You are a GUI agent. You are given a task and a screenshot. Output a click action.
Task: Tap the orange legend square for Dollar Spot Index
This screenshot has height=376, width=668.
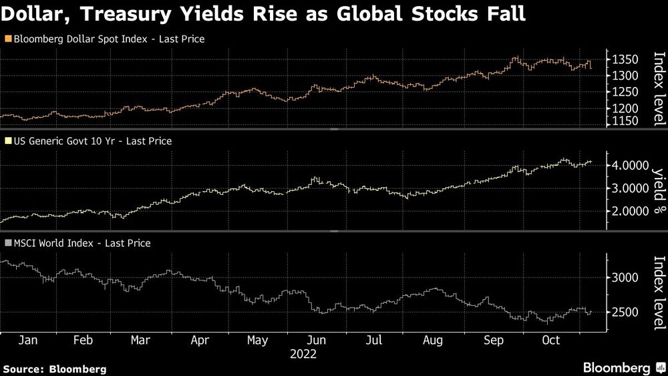pos(7,39)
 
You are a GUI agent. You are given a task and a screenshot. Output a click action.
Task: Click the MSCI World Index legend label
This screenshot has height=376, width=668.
pos(53,244)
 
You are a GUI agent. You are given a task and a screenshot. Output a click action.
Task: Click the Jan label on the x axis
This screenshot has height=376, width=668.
pos(27,340)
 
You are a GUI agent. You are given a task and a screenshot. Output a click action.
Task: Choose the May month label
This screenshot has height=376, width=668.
pos(258,340)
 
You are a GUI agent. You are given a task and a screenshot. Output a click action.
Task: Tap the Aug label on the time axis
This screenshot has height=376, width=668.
pos(433,340)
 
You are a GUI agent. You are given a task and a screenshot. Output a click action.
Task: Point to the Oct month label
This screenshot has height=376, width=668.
pos(550,340)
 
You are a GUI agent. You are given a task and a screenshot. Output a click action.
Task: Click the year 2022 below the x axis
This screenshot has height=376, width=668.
pos(303,353)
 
